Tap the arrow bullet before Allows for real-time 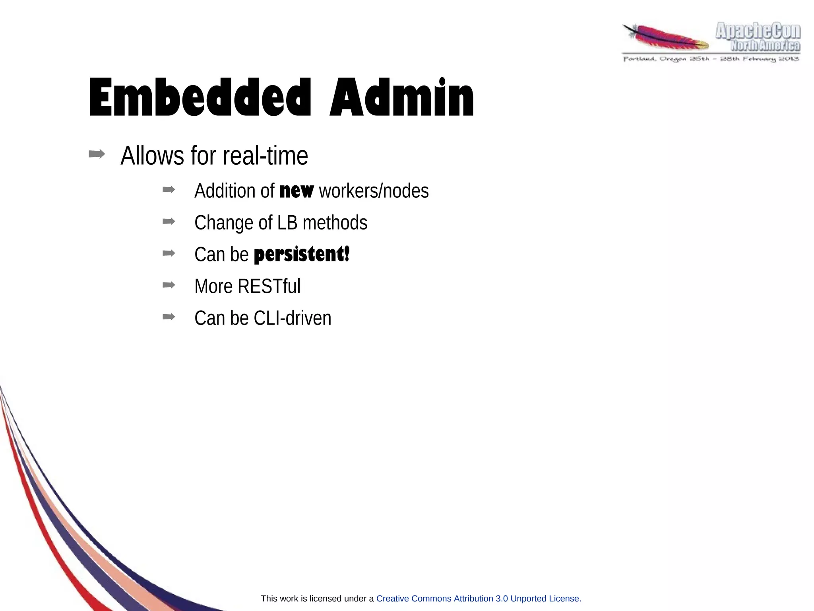[97, 154]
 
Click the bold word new [297, 191]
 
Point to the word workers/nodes [374, 191]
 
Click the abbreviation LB [287, 222]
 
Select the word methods [335, 222]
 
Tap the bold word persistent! [302, 254]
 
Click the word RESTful [269, 286]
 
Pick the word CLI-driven [292, 318]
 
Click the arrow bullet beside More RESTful [169, 284]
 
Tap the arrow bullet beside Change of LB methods [169, 221]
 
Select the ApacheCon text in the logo [758, 31]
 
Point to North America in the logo [765, 46]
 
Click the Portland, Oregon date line [711, 59]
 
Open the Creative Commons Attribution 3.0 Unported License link [479, 598]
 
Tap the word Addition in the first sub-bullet [225, 191]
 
